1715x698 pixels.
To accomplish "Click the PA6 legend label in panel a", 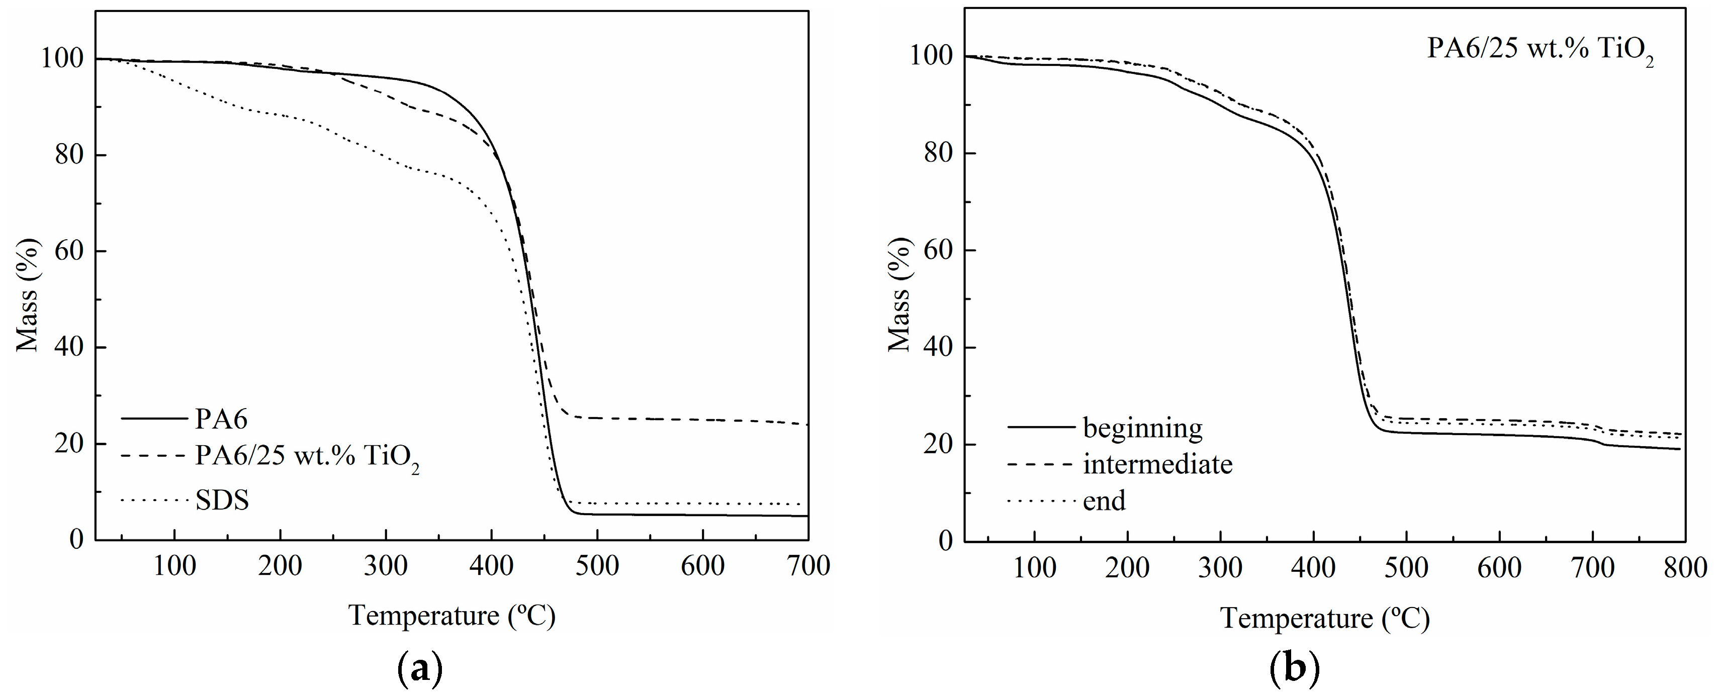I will [x=221, y=419].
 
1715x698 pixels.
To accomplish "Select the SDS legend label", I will [x=222, y=500].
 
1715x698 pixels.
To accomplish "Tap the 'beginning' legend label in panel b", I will [x=1142, y=427].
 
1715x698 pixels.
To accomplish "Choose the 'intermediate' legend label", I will [x=1158, y=464].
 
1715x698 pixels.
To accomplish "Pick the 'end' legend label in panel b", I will [x=1104, y=501].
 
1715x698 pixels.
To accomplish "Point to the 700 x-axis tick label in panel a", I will [x=807, y=566].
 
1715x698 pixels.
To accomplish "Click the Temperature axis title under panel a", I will [x=452, y=616].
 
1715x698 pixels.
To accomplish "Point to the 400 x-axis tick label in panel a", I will [x=491, y=566].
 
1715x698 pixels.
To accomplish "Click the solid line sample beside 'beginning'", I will [x=1041, y=427].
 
